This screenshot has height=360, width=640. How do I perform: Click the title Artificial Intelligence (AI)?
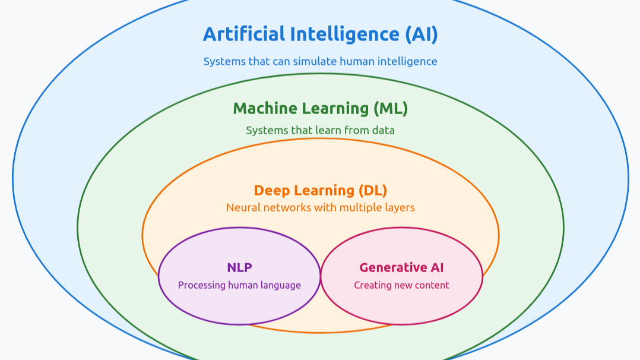pyautogui.click(x=320, y=34)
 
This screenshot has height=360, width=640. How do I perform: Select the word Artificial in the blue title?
pyautogui.click(x=243, y=34)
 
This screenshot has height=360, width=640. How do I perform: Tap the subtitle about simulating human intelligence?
pyautogui.click(x=320, y=61)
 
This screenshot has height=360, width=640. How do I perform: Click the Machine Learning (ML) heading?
pyautogui.click(x=320, y=109)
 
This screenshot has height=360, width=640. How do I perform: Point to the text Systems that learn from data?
pyautogui.click(x=320, y=130)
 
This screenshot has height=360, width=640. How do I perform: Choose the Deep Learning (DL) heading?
pyautogui.click(x=320, y=191)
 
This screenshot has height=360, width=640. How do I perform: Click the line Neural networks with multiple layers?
pyautogui.click(x=320, y=207)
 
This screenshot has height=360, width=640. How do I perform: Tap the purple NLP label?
pyautogui.click(x=239, y=267)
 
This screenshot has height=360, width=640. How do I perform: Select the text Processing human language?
pyautogui.click(x=239, y=285)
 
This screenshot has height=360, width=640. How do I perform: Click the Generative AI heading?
pyautogui.click(x=401, y=267)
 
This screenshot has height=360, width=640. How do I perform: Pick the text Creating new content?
pyautogui.click(x=401, y=285)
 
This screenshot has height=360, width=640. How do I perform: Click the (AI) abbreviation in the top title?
pyautogui.click(x=422, y=34)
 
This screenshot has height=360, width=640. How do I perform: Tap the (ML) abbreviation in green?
pyautogui.click(x=390, y=109)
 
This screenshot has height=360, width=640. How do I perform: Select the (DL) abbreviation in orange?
pyautogui.click(x=372, y=191)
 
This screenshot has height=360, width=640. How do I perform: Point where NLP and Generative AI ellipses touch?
pyautogui.click(x=321, y=276)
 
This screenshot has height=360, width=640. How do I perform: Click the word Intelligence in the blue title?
pyautogui.click(x=344, y=34)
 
